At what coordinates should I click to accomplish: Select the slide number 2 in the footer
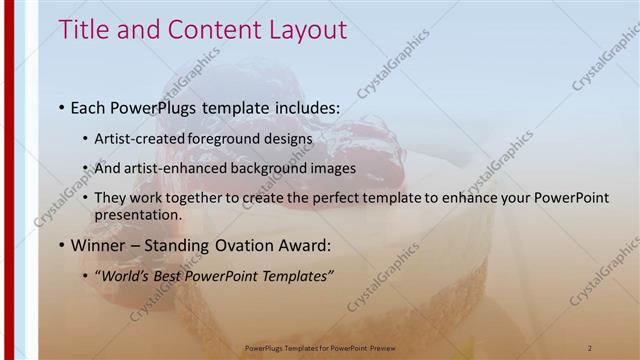tap(590, 347)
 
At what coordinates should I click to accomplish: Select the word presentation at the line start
tap(137, 214)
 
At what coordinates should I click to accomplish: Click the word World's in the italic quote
tap(122, 276)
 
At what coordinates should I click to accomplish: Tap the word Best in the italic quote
tap(164, 276)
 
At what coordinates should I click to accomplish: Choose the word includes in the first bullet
tap(303, 106)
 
